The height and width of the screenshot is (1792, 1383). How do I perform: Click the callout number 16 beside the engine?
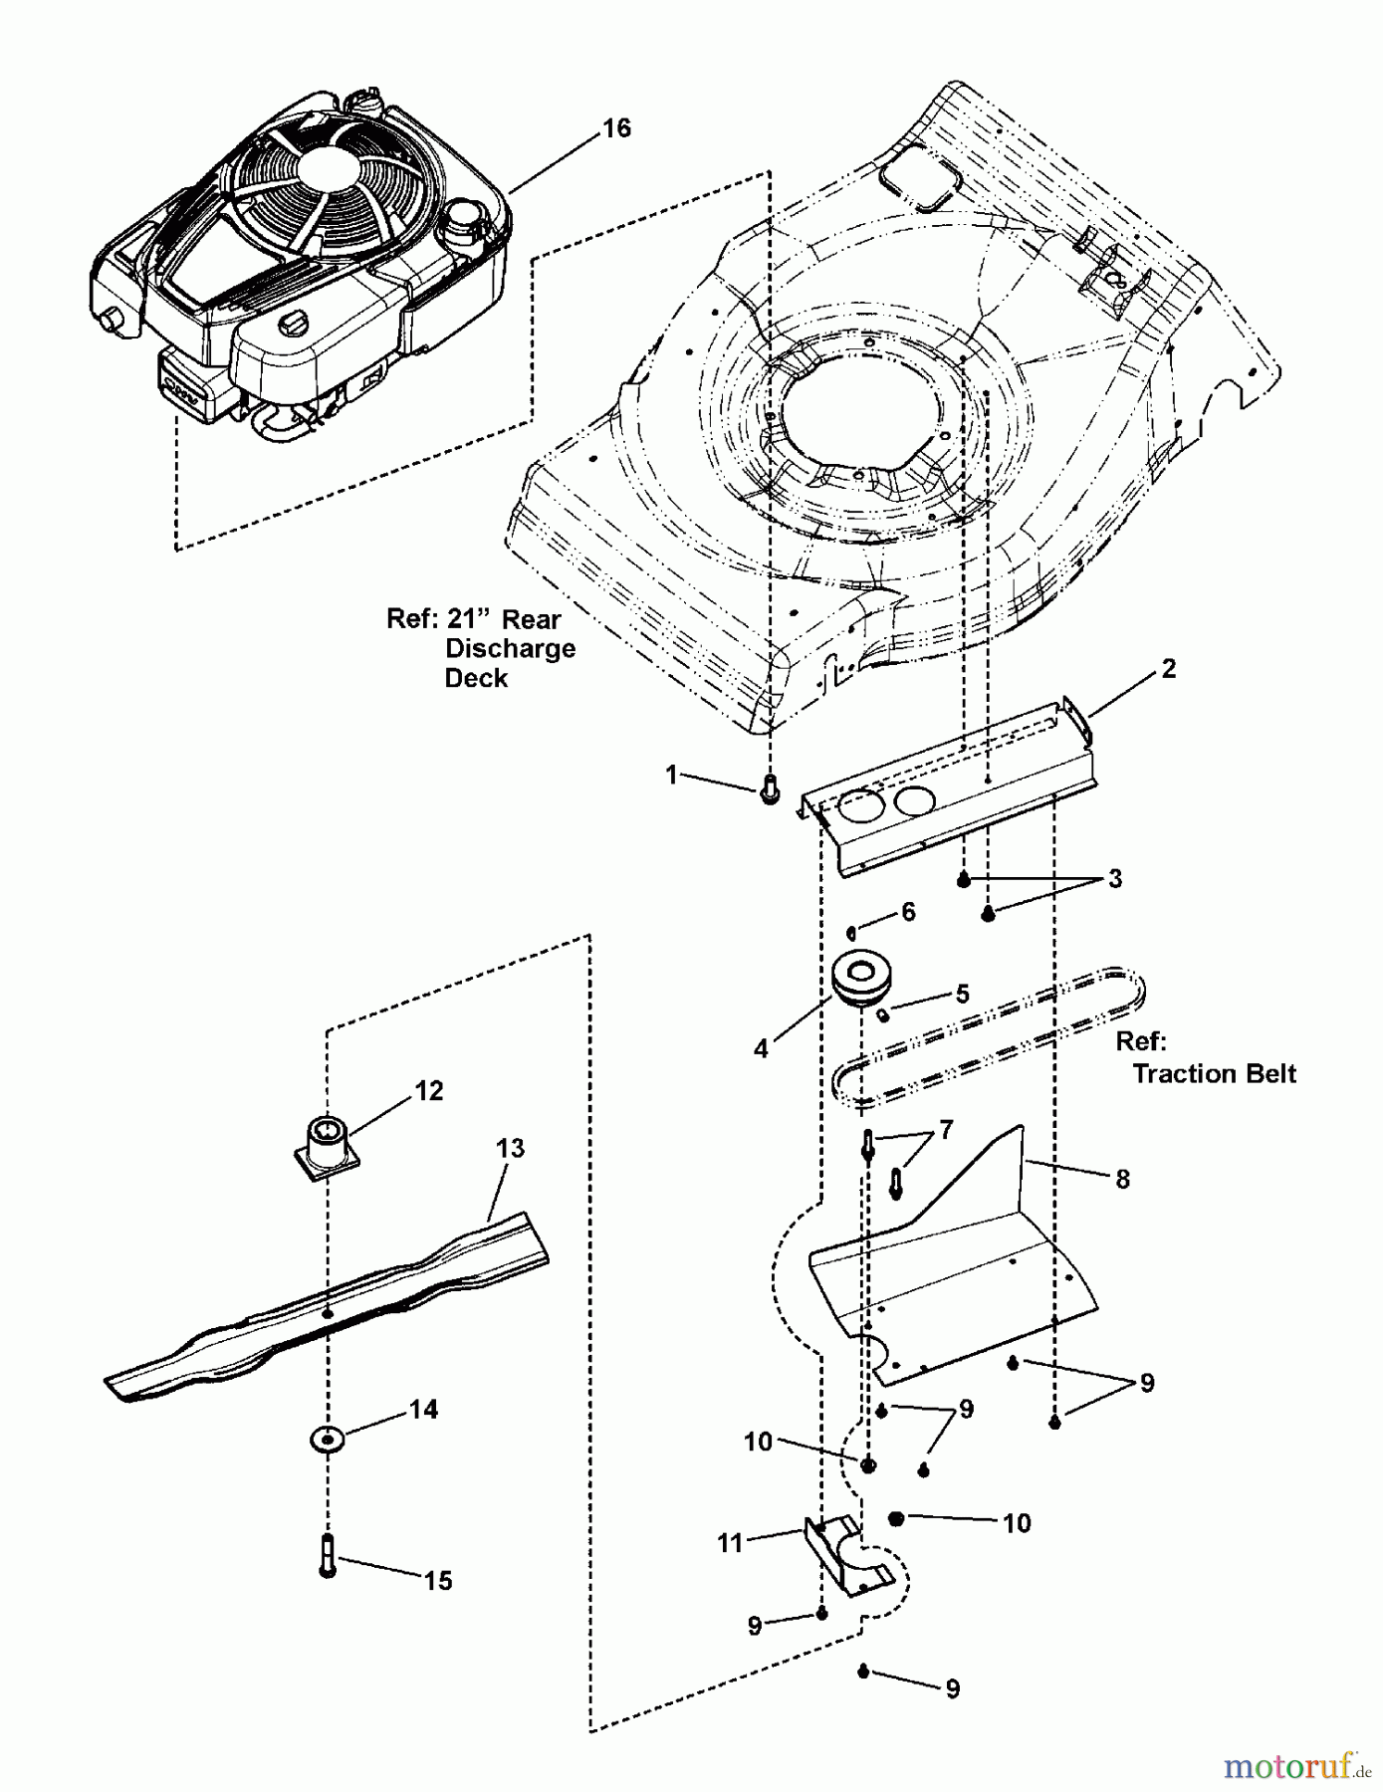[616, 128]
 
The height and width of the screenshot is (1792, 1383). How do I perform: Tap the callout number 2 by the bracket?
[1169, 669]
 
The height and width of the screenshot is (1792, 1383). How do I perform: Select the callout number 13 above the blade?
[510, 1148]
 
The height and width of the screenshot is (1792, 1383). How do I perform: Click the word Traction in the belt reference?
[1177, 1073]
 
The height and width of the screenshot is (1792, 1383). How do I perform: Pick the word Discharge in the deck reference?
[510, 649]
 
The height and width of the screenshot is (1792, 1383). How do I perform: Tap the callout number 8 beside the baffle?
[1123, 1180]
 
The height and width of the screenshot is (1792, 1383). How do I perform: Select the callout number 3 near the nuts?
[1115, 879]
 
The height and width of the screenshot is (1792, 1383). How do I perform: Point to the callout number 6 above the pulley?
[908, 913]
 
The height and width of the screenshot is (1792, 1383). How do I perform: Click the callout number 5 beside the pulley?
[962, 994]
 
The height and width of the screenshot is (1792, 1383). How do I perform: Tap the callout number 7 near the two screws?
[946, 1130]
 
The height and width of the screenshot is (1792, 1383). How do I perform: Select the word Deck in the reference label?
[476, 678]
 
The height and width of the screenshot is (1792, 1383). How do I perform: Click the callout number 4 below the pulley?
[762, 1048]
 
